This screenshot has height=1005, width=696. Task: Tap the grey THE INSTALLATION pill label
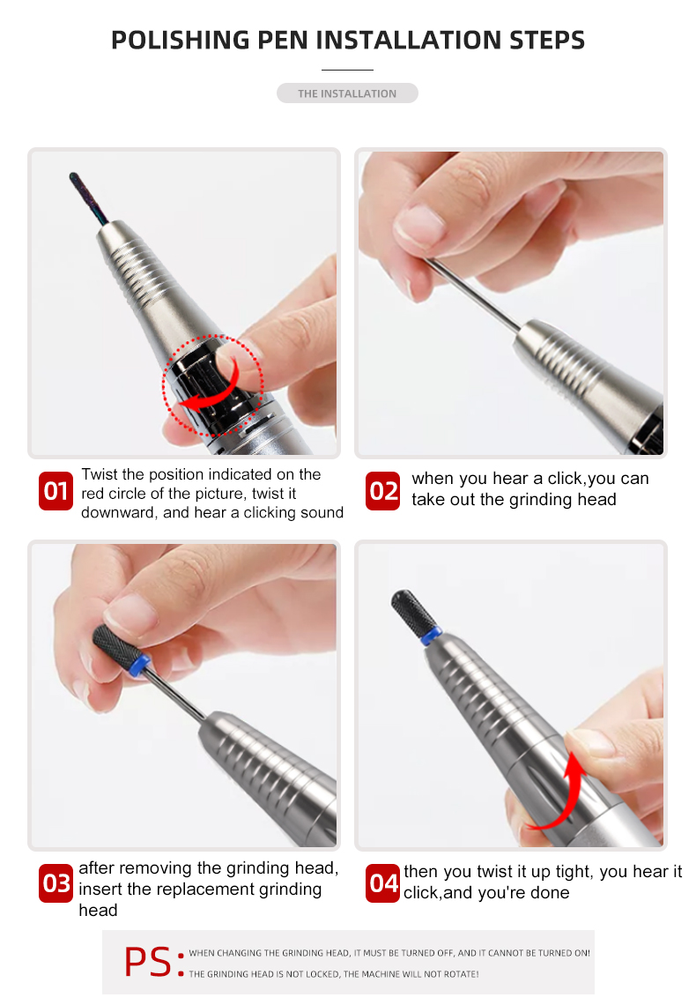[347, 93]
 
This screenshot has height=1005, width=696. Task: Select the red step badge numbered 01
[56, 491]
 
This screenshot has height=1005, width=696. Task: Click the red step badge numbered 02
[383, 491]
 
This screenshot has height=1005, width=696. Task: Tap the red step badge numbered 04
[383, 883]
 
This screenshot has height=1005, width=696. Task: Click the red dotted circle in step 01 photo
[212, 386]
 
